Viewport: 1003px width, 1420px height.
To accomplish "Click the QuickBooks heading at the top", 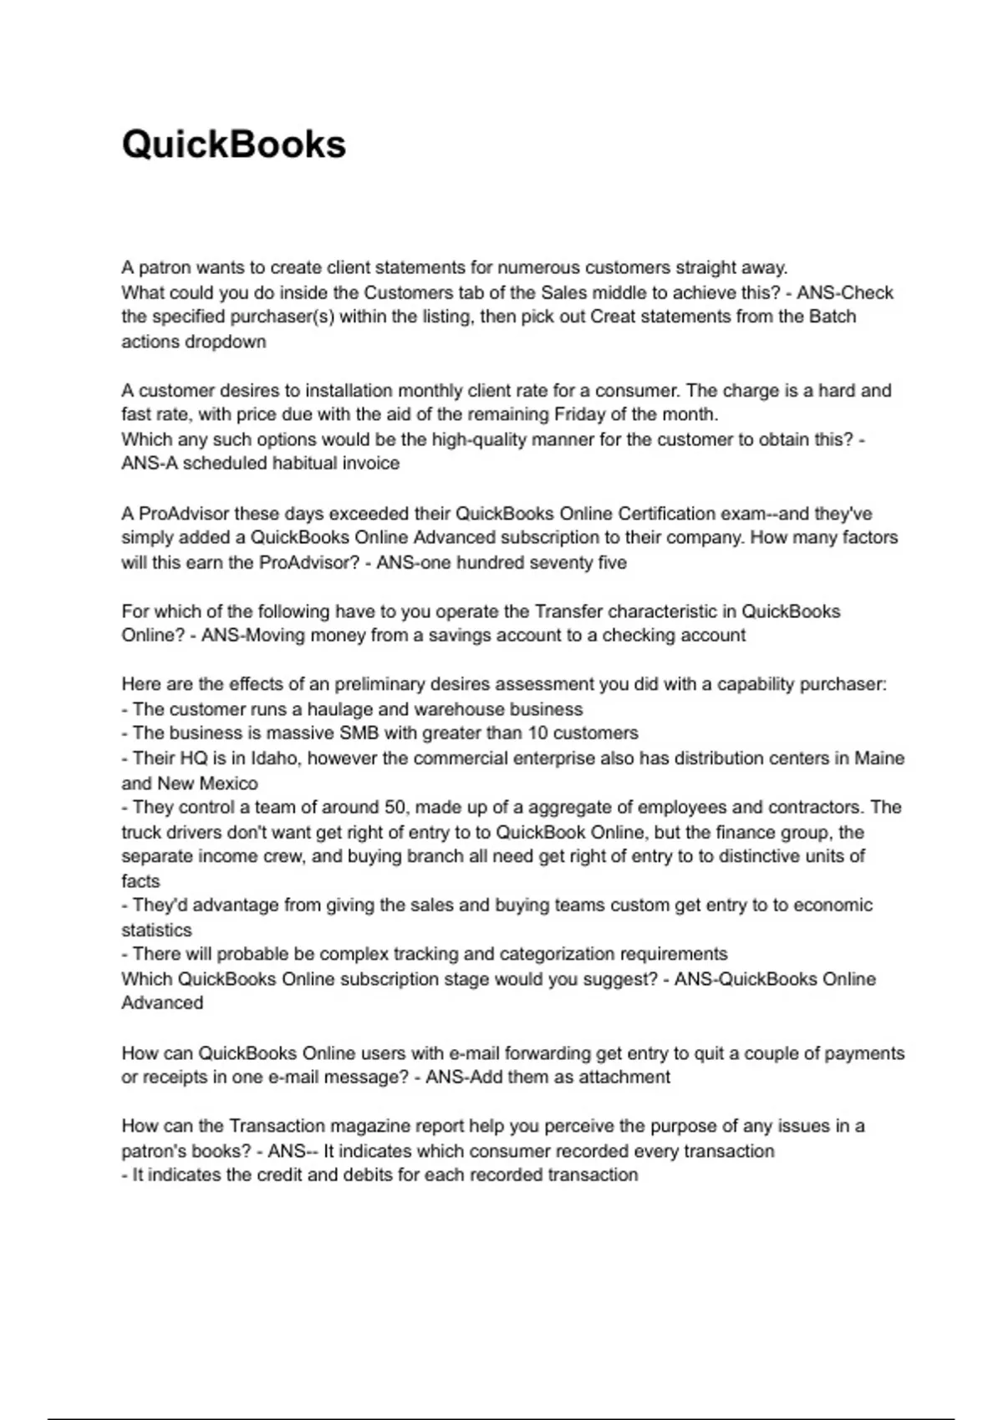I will click(x=233, y=145).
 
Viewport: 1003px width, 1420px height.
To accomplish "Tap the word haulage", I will click(x=339, y=709).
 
